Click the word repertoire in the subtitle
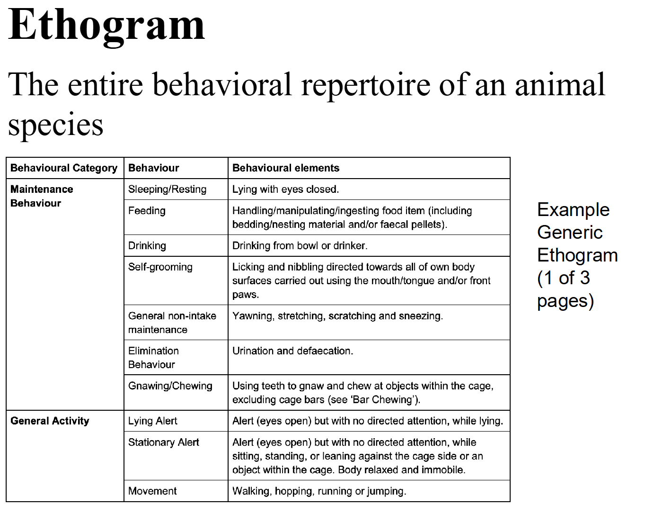click(366, 85)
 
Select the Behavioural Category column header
click(64, 168)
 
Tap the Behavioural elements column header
click(286, 168)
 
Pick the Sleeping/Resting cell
click(167, 189)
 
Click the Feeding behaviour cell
click(147, 211)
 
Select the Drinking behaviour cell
click(147, 246)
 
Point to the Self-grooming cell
click(160, 267)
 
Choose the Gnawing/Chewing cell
click(170, 386)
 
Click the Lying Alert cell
click(153, 421)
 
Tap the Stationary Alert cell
click(164, 442)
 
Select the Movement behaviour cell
click(152, 491)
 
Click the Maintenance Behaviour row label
click(42, 196)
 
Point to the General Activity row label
click(50, 421)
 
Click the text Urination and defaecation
click(293, 351)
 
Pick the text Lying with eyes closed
click(286, 189)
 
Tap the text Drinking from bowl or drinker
click(300, 246)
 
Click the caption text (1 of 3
click(564, 278)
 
